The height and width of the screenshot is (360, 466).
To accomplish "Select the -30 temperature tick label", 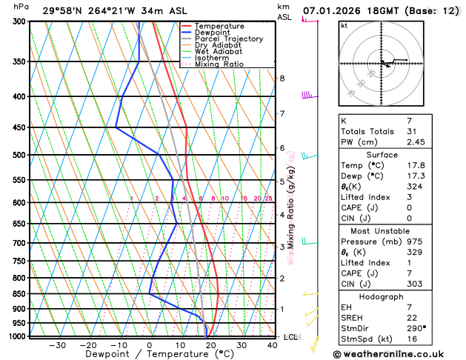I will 57,345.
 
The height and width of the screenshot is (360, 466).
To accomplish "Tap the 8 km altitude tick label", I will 282,79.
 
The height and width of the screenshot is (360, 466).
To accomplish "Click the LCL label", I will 291,337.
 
